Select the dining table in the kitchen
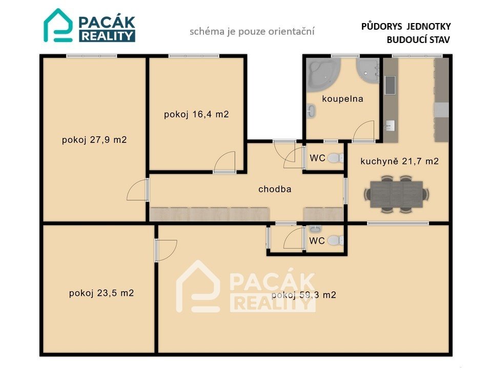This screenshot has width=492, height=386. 397,194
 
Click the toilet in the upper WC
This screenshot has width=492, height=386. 335,158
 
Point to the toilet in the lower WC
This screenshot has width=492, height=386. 335,240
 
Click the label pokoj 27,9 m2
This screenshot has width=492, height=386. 94,140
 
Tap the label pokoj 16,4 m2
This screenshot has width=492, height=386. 196,114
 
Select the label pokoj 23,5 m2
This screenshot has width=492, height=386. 101,293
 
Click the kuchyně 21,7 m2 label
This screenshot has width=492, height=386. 399,161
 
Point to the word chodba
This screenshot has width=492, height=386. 275,189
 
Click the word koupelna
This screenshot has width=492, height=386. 343,99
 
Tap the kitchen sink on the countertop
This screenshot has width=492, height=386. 390,85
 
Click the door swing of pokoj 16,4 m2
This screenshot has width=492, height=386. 224,162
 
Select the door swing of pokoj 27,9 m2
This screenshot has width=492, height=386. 137,190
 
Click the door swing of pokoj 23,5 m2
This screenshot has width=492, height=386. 167,250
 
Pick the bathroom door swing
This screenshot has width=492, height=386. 364,131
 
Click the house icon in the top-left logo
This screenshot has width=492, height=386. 58,25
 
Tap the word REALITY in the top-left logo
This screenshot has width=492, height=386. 107,36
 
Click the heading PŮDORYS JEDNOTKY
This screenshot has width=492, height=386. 406,26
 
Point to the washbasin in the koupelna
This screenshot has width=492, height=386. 311,111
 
